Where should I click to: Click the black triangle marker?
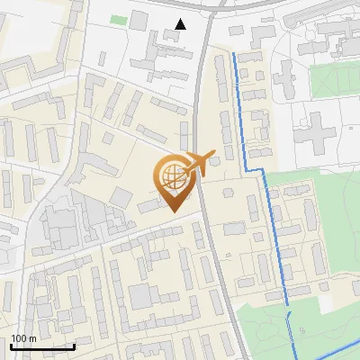pyautogui.click(x=182, y=24)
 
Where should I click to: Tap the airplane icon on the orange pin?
pyautogui.click(x=197, y=165)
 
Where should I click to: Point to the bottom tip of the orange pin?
pyautogui.click(x=174, y=211)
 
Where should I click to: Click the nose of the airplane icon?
pyautogui.click(x=212, y=155)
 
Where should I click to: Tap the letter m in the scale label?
pyautogui.click(x=33, y=338)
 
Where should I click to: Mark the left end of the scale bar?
pyautogui.click(x=12, y=346)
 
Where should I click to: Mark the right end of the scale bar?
pyautogui.click(x=74, y=346)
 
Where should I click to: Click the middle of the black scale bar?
pyautogui.click(x=42, y=346)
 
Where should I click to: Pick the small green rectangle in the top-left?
pyautogui.click(x=118, y=19)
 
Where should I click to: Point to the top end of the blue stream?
pyautogui.click(x=235, y=54)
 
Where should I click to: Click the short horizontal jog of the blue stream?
pyautogui.click(x=256, y=169)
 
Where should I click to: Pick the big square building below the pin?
pyautogui.click(x=140, y=295)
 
